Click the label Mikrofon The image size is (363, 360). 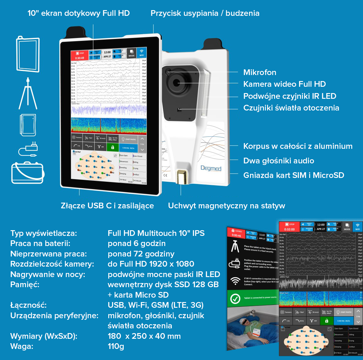260,73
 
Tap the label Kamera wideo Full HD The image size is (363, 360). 284,84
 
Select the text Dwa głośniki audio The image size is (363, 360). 279,161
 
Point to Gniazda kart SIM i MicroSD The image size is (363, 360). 293,175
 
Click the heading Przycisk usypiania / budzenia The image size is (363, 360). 205,13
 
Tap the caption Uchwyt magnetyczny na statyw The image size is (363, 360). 226,206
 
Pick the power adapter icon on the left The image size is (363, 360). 28,149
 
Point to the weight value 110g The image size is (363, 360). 116,346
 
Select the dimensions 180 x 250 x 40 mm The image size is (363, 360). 144,336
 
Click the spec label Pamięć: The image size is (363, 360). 25,285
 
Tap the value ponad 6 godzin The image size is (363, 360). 136,243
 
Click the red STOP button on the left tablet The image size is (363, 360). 79,55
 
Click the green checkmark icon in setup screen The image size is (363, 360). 235,299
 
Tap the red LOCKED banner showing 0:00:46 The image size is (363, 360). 236,233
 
